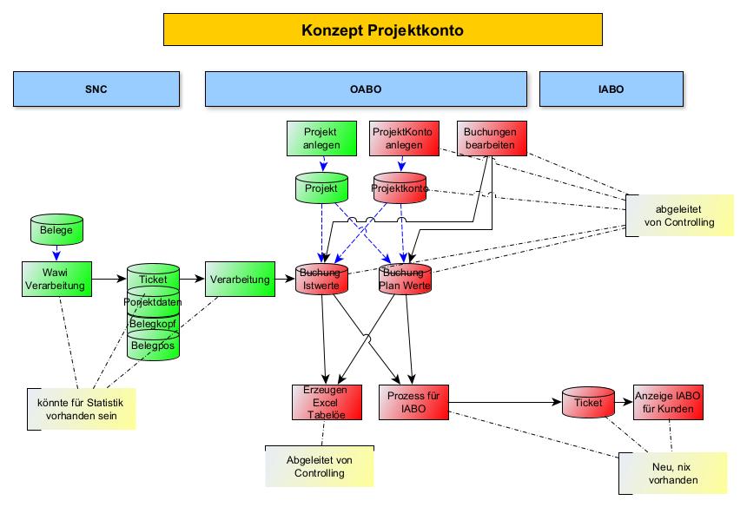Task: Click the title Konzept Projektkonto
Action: tap(382, 30)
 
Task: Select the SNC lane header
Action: tap(96, 89)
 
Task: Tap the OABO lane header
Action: tap(366, 89)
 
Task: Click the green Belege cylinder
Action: tap(56, 229)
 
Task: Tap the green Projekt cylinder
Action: tap(321, 188)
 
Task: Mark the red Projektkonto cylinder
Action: tap(400, 188)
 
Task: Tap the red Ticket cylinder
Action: tap(588, 403)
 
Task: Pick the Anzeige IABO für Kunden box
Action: tap(667, 402)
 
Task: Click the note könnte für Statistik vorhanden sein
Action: tap(81, 408)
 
